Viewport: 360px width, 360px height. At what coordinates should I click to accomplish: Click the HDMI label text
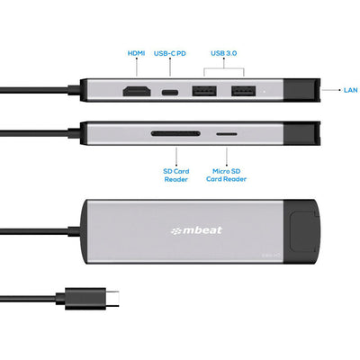point(136,53)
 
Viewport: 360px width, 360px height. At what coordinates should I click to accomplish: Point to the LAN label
point(351,90)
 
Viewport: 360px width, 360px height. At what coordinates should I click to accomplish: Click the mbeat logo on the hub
point(197,230)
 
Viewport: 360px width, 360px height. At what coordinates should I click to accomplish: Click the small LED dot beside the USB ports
point(262,91)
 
